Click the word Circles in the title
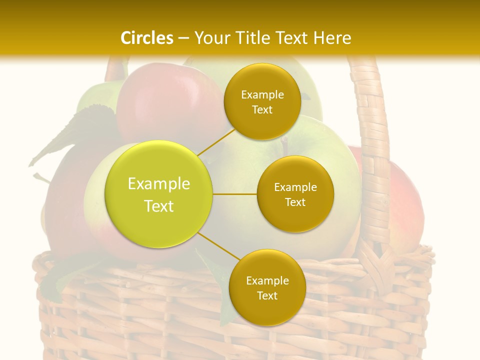click(146, 38)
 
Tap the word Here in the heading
click(332, 38)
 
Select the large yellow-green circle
click(159, 194)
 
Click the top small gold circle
click(262, 101)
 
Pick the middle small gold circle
click(295, 194)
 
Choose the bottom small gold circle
click(267, 287)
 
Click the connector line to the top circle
click(216, 141)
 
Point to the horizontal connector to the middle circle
click(235, 194)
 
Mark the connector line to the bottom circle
click(218, 246)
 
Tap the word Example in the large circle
click(159, 184)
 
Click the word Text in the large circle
click(159, 206)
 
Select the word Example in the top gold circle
click(262, 94)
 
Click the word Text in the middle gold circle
click(295, 202)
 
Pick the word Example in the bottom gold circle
click(267, 280)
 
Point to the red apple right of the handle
click(405, 210)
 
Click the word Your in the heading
click(209, 38)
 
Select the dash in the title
click(183, 38)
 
